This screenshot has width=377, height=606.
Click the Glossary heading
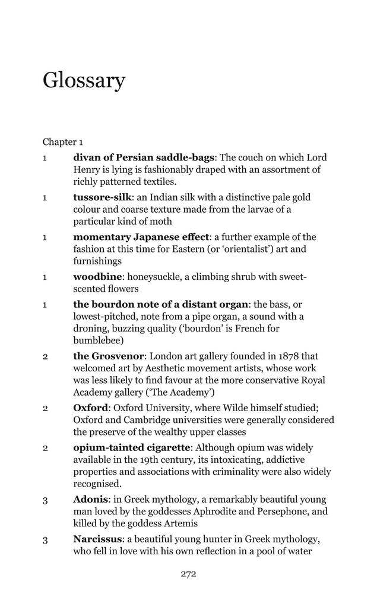[x=84, y=80]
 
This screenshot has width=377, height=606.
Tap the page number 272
[x=188, y=574]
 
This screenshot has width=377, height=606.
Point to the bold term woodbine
[x=97, y=277]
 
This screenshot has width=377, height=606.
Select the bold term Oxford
[x=91, y=408]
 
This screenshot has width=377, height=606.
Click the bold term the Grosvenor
[x=108, y=356]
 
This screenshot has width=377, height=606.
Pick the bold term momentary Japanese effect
[x=141, y=237]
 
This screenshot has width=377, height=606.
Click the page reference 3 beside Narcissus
[x=45, y=540]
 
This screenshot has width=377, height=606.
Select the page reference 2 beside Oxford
[x=45, y=409]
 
